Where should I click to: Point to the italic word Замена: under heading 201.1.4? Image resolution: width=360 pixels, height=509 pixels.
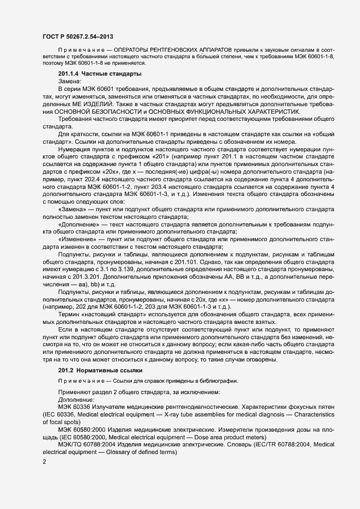tap(69, 80)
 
